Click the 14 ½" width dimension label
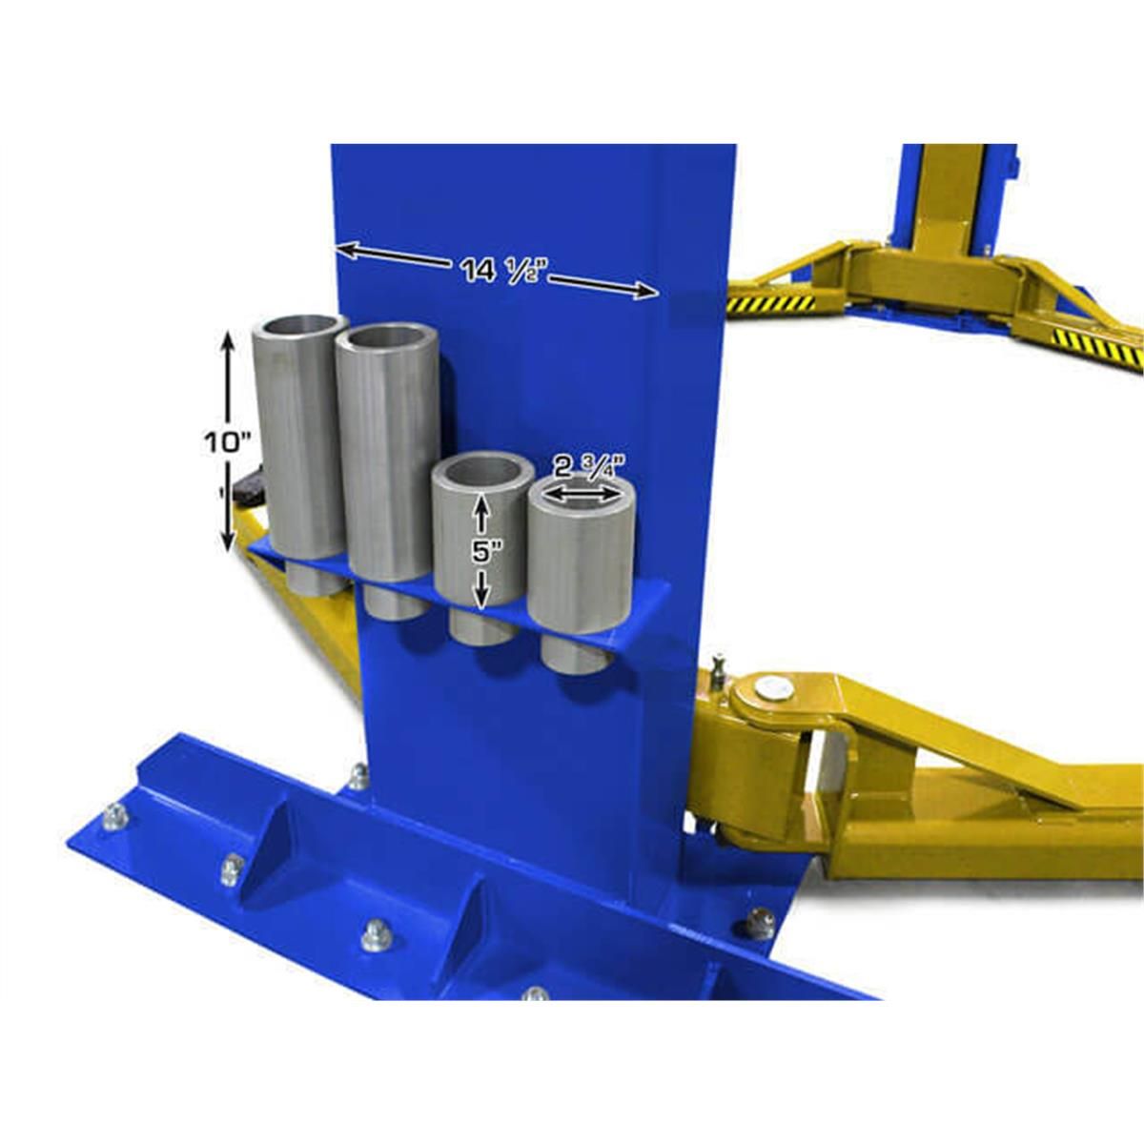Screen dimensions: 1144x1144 coord(496,271)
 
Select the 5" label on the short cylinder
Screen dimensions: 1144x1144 coord(480,552)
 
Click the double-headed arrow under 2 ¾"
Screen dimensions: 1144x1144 coord(580,496)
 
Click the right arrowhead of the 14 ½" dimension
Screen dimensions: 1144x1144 coord(648,292)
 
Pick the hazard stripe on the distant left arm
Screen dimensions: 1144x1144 coord(772,304)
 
